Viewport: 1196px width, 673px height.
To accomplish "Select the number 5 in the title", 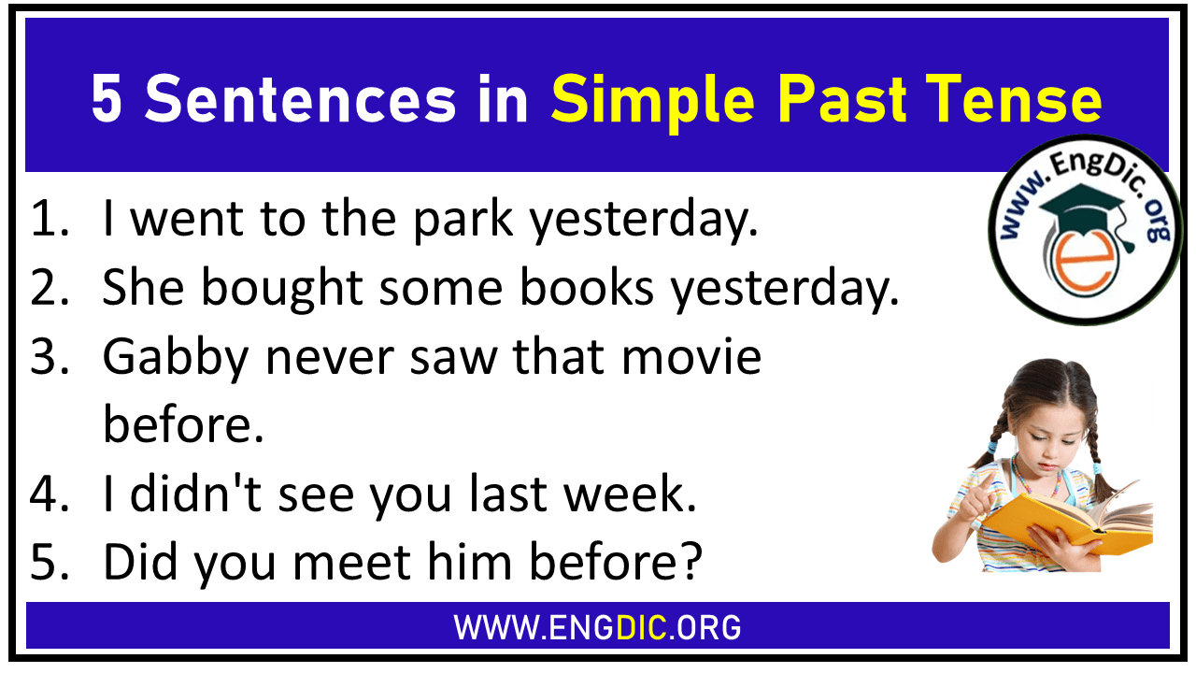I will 107,100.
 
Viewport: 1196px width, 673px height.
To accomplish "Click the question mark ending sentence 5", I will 690,564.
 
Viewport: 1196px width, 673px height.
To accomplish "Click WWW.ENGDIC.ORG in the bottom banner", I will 597,626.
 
